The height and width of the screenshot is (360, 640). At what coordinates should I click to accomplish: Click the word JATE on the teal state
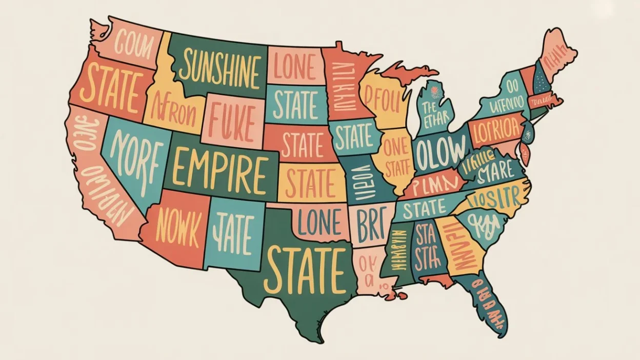point(233,233)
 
